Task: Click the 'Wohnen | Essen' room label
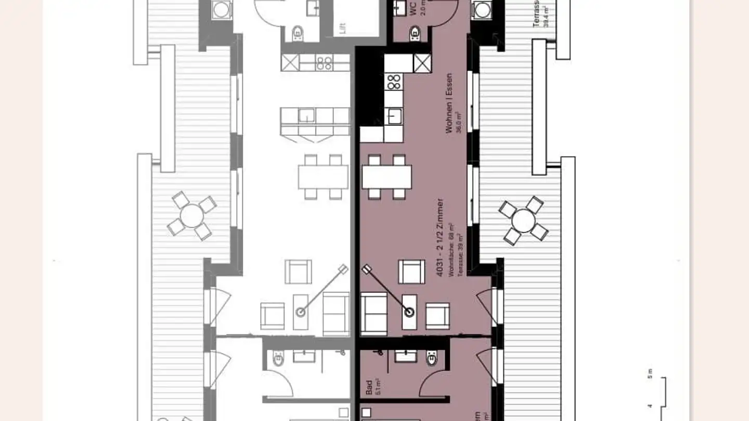449,103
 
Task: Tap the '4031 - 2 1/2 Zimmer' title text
440,237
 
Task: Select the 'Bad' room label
369,387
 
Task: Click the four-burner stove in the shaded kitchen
394,82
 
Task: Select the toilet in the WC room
415,34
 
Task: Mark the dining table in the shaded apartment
386,177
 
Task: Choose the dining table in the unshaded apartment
323,177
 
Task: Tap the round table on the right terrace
523,220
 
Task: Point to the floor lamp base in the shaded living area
410,312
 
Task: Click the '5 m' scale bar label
649,374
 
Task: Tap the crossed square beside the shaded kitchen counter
422,63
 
